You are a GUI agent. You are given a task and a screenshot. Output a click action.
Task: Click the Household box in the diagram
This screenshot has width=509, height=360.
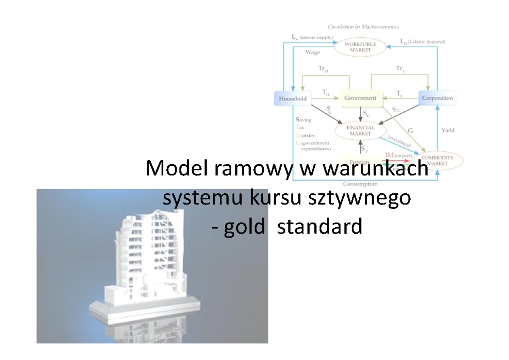[x=293, y=99]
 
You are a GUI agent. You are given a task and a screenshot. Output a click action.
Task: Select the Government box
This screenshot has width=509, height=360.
[x=360, y=98]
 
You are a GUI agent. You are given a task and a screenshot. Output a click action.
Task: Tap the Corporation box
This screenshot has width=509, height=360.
[x=437, y=98]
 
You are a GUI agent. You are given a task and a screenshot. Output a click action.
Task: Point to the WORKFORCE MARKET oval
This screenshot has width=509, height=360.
[x=361, y=47]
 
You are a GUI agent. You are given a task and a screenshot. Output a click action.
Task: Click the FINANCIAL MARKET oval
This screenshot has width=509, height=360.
[x=360, y=130]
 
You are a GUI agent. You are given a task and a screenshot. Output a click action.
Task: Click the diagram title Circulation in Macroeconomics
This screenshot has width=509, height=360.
[x=363, y=27]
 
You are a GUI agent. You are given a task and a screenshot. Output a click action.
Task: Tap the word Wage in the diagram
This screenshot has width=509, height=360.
[x=313, y=53]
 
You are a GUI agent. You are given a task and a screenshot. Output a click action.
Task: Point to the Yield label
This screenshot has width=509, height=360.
[x=447, y=130]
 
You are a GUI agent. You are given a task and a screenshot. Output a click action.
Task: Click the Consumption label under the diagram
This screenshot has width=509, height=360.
[x=360, y=184]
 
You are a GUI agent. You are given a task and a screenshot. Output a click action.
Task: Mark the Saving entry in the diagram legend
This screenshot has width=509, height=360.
[x=303, y=120]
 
